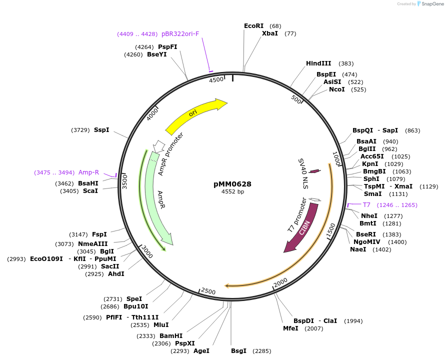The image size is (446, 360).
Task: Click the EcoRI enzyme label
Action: point(253,25)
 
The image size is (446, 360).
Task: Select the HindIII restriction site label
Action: point(318,63)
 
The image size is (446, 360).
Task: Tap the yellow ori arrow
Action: point(195,115)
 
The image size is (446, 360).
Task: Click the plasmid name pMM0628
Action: point(232,183)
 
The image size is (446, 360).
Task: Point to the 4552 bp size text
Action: point(232,191)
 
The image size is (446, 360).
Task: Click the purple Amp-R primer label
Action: point(88,172)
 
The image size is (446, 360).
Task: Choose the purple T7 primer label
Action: point(366,205)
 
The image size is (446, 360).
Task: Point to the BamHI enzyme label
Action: point(171,336)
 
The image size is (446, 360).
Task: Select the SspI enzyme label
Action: point(101,130)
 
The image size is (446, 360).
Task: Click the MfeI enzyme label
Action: point(290,328)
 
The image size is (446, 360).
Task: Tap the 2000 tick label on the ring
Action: point(280,283)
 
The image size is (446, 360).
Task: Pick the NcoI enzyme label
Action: point(336,89)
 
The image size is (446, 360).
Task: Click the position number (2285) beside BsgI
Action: point(262,351)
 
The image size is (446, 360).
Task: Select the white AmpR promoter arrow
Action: point(159,145)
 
